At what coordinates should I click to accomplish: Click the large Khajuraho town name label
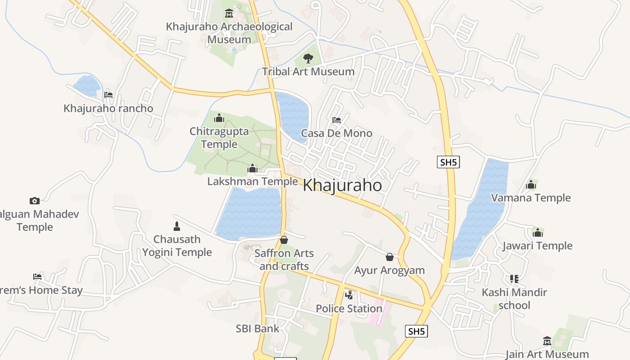point(342,185)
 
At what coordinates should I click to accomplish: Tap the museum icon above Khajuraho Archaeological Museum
point(229,13)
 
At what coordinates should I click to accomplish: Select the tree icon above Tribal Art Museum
point(308,58)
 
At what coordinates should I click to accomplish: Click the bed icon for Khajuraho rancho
point(108,95)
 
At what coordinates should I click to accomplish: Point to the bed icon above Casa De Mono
point(336,120)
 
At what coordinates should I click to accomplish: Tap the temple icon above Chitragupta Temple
point(219,118)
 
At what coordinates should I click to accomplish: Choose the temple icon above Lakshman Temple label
point(252,169)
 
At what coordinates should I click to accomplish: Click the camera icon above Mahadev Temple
point(35,201)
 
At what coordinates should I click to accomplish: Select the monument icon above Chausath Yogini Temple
point(177,226)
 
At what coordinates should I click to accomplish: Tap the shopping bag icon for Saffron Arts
point(284,240)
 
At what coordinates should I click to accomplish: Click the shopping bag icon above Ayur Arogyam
point(390,257)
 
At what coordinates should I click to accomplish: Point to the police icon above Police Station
point(349,295)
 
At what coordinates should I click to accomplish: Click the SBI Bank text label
point(257,328)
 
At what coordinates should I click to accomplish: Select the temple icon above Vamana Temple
point(531,184)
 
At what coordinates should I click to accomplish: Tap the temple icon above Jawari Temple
point(538,233)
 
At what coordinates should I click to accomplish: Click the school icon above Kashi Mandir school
point(514,279)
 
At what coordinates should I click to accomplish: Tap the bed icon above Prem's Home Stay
point(37,277)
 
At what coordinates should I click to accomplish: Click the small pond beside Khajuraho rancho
point(87,85)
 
